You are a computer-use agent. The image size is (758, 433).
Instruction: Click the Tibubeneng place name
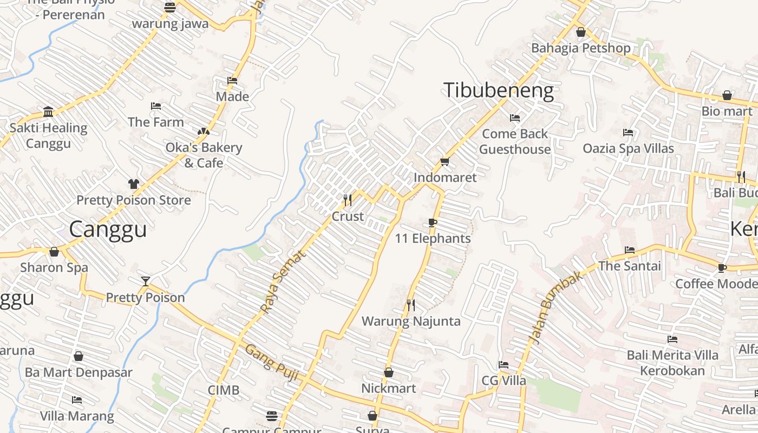click(x=499, y=90)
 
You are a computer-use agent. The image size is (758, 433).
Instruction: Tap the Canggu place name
click(x=108, y=229)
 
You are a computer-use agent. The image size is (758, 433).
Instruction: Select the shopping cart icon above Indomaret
click(x=445, y=161)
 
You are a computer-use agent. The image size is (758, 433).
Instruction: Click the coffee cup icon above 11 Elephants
click(x=432, y=222)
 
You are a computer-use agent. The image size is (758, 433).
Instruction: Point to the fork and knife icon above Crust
click(x=348, y=200)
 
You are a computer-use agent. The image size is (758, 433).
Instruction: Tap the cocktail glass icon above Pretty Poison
click(x=145, y=281)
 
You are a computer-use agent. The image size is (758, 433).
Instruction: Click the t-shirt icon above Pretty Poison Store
click(x=134, y=184)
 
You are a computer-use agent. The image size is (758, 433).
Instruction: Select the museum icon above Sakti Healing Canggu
click(x=48, y=112)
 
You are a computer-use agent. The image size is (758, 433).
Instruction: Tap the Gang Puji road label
click(x=271, y=362)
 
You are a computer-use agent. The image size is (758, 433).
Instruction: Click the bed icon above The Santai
click(x=630, y=250)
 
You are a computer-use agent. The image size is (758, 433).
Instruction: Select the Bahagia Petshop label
click(x=580, y=48)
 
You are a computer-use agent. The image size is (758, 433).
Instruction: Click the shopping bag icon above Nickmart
click(x=389, y=372)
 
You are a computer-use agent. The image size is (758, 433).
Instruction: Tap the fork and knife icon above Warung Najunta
click(x=411, y=305)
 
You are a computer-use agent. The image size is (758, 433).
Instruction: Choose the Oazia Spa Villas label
click(x=628, y=148)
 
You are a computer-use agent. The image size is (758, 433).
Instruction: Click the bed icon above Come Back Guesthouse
click(x=515, y=117)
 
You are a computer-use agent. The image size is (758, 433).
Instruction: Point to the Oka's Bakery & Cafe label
click(x=204, y=155)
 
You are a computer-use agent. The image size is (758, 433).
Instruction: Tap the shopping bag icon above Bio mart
click(x=727, y=96)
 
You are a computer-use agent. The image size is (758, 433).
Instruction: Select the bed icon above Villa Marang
click(x=77, y=400)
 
